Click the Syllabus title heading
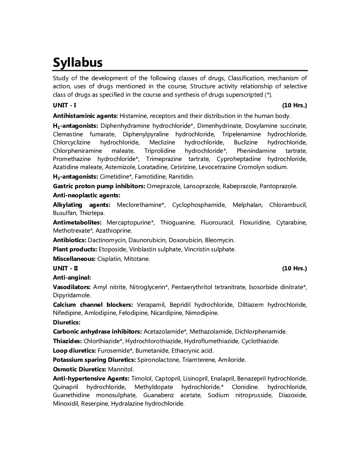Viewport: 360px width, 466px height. pyautogui.click(x=78, y=62)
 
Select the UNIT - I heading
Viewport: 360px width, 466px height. pyautogui.click(x=65, y=105)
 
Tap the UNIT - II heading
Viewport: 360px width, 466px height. pyautogui.click(x=65, y=268)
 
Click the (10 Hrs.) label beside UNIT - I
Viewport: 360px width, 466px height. pyautogui.click(x=294, y=105)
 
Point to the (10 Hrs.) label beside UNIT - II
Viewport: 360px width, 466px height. pyautogui.click(x=294, y=268)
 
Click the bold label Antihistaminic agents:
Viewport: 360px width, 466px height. pyautogui.click(x=85, y=116)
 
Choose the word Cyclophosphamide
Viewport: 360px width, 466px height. pyautogui.click(x=199, y=205)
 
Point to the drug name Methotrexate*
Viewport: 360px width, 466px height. pyautogui.click(x=73, y=231)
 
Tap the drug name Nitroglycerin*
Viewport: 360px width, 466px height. pyautogui.click(x=149, y=287)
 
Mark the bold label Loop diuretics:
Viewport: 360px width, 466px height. pyautogui.click(x=74, y=351)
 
